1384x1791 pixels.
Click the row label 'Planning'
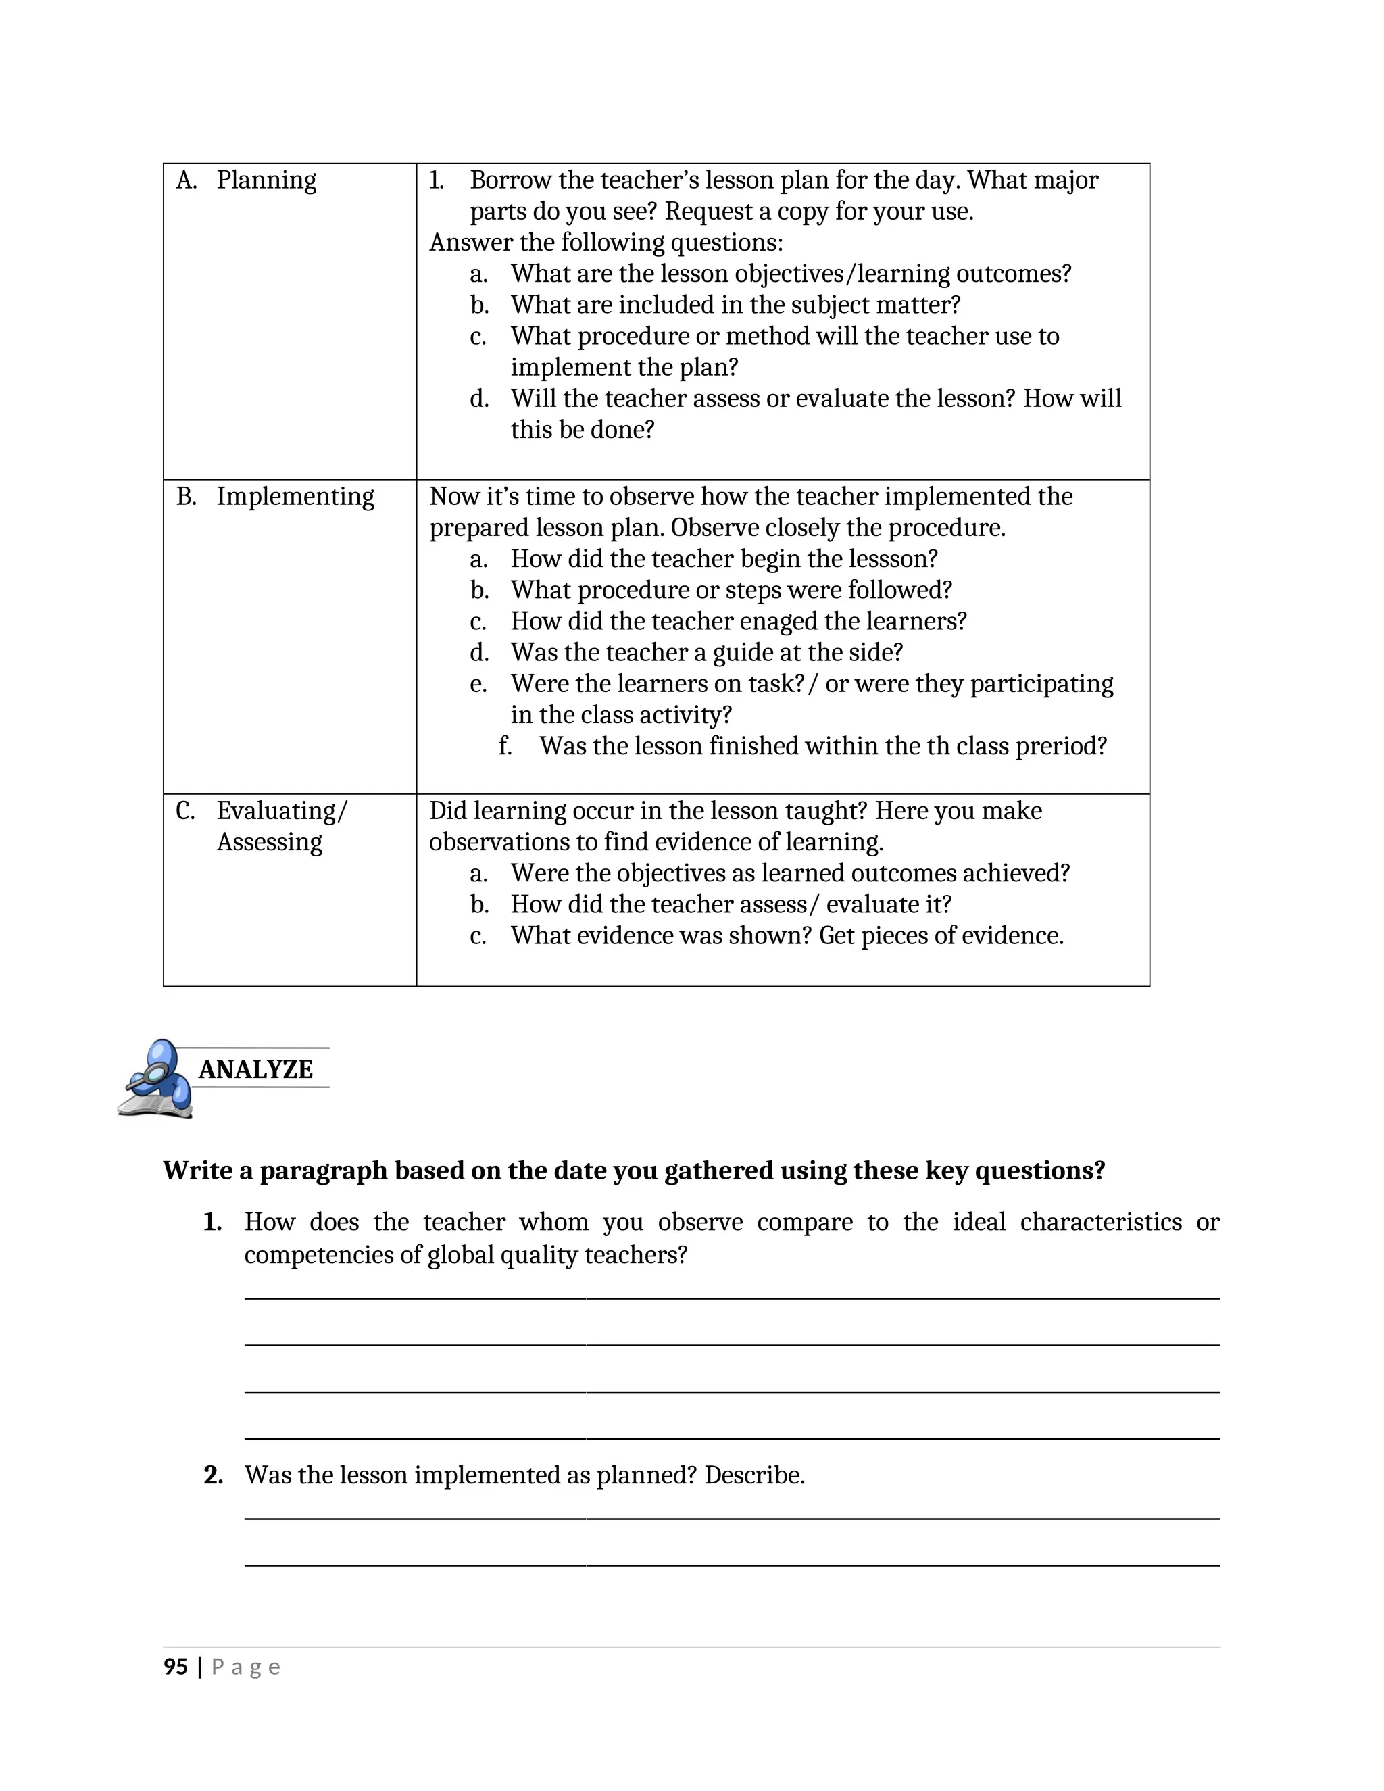(266, 180)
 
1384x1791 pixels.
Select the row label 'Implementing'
(295, 496)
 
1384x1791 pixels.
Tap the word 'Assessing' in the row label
(269, 842)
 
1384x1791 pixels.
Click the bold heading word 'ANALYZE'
(256, 1069)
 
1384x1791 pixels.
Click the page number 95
(176, 1667)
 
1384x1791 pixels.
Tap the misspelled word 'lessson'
(889, 560)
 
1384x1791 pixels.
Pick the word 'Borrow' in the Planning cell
(510, 180)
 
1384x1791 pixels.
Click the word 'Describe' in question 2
(753, 1475)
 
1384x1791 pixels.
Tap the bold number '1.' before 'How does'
(212, 1222)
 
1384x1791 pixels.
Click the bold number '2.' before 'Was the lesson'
(213, 1475)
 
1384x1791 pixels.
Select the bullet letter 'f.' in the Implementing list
(505, 746)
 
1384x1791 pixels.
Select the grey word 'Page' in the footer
(245, 1668)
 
